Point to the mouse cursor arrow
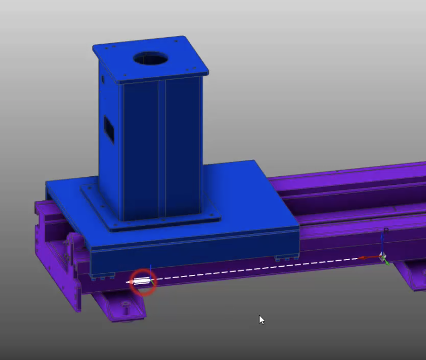click(x=261, y=319)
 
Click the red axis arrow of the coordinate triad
click(x=369, y=257)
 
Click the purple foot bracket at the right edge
click(x=411, y=275)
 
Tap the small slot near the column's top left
click(x=102, y=79)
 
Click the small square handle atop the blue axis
click(x=386, y=230)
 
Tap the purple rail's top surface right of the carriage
click(x=349, y=185)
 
